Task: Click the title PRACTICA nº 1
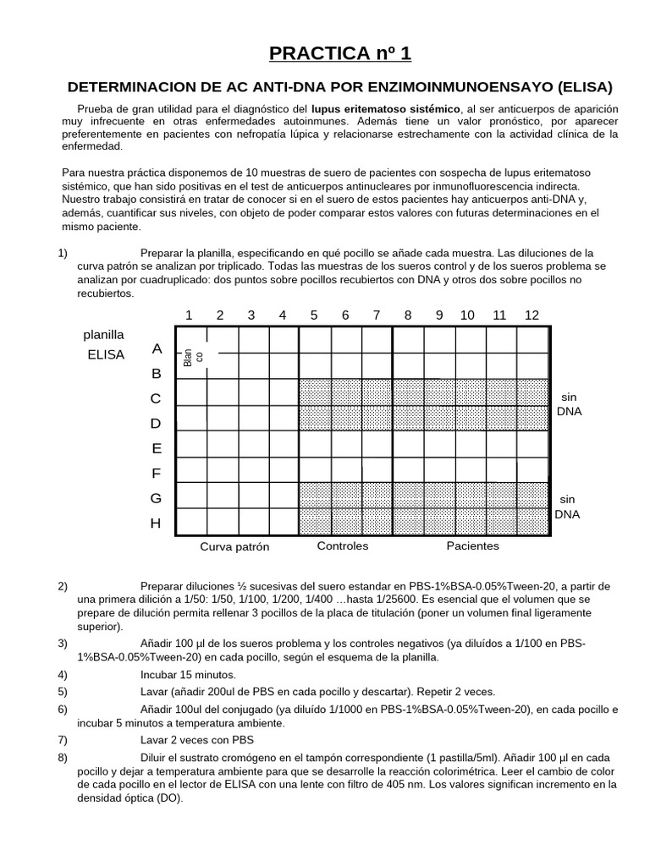[339, 54]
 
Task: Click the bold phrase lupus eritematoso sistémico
[386, 109]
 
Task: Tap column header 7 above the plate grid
[377, 315]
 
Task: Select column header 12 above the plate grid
[532, 315]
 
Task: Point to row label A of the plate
[157, 348]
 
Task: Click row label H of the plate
[156, 523]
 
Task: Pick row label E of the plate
[157, 448]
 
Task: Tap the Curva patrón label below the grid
[234, 546]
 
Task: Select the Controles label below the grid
[343, 545]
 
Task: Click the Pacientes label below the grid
[473, 545]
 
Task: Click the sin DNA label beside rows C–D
[568, 403]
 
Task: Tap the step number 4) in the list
[63, 674]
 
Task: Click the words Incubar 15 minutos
[188, 674]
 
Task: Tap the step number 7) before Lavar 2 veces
[63, 739]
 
